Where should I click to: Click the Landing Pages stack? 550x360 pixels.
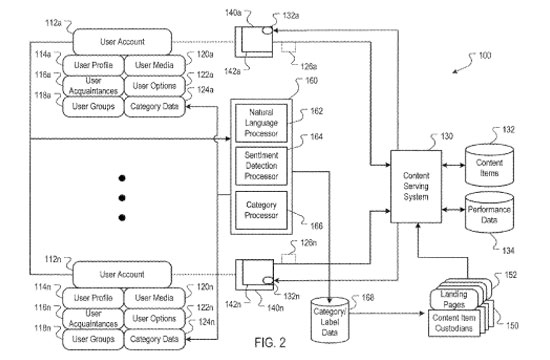[x=454, y=298]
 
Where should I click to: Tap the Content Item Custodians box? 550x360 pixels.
[x=454, y=323]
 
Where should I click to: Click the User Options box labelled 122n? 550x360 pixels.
[x=154, y=317]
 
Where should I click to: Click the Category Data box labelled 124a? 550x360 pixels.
[x=154, y=105]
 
